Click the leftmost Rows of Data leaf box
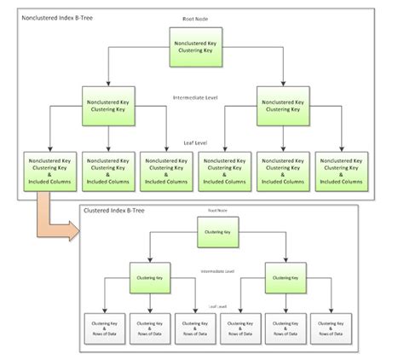(x=102, y=328)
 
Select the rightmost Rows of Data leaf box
(x=330, y=328)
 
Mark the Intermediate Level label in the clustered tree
(x=216, y=272)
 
